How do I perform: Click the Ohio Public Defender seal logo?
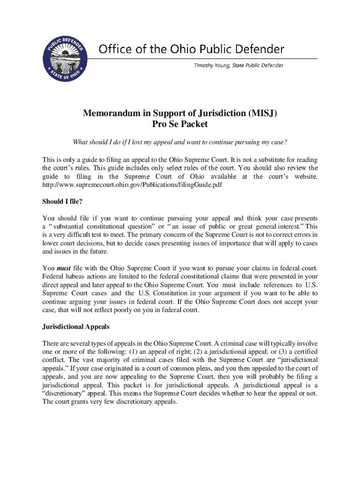pos(65,58)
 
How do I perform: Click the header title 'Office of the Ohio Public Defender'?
pos(191,49)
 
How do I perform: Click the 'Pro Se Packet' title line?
pos(180,124)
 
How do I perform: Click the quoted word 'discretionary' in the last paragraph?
pos(62,393)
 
